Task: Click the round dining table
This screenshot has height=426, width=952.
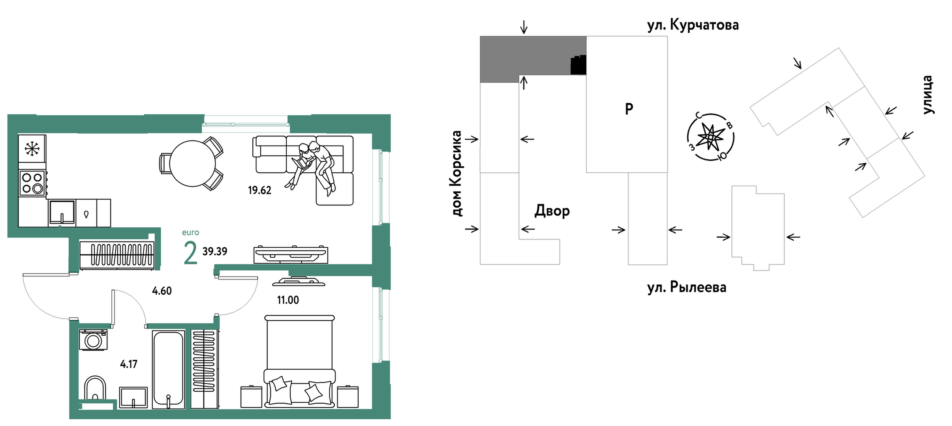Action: [x=192, y=163]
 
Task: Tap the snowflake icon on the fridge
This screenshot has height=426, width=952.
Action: [x=32, y=148]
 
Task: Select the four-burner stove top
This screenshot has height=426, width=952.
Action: [x=32, y=183]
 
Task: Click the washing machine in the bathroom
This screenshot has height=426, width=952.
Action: [x=93, y=340]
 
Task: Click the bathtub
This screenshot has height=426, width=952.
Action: [x=168, y=370]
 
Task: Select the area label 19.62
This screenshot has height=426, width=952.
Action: [x=259, y=191]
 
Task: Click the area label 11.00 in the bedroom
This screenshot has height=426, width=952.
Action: [x=288, y=300]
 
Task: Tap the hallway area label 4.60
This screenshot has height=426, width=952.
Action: [x=162, y=291]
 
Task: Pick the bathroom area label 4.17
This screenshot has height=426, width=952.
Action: [x=129, y=364]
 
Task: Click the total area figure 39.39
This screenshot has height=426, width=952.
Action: [x=215, y=251]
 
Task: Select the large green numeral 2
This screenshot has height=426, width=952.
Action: [x=190, y=254]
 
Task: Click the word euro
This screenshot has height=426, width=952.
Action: [x=190, y=233]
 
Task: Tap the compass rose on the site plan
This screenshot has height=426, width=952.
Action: [x=710, y=137]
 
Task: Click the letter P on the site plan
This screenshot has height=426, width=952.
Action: [x=629, y=108]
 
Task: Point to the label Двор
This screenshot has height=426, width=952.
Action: [x=552, y=211]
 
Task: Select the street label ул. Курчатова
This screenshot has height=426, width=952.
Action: [x=693, y=25]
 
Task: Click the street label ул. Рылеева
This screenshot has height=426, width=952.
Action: [x=687, y=287]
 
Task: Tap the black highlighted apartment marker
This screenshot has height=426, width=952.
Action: [x=578, y=65]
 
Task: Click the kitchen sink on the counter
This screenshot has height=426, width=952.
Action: [x=62, y=212]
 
